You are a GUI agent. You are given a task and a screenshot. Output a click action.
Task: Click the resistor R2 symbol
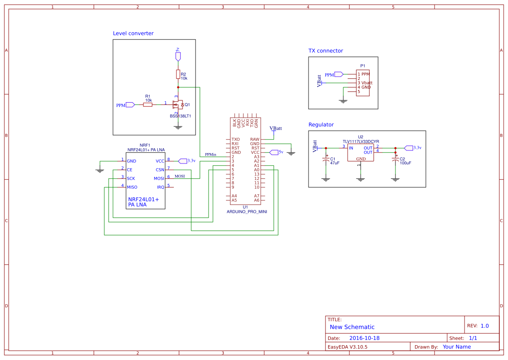(178, 74)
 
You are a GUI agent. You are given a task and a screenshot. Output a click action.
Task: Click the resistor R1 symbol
(148, 105)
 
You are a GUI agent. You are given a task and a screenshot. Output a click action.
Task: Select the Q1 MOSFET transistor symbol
(178, 105)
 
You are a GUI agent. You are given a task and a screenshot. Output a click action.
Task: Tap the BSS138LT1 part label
(180, 116)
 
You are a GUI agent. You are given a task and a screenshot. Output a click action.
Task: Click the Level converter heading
(133, 33)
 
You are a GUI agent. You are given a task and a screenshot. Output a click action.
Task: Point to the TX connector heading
(325, 51)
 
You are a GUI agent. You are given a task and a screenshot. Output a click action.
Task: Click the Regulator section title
(321, 125)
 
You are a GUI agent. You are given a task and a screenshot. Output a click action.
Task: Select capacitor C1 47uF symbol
(326, 160)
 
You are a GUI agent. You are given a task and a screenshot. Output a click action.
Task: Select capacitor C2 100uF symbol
(395, 160)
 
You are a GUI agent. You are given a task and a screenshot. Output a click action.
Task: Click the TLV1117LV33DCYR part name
(361, 141)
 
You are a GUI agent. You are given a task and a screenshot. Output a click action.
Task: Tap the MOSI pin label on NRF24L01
(159, 179)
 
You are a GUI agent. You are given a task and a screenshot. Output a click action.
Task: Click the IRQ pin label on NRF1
(160, 187)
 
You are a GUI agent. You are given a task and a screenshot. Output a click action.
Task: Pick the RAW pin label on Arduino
(255, 140)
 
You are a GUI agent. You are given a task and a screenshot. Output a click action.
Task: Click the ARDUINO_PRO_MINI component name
(247, 212)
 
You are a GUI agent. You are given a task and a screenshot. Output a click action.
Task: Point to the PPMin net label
(211, 154)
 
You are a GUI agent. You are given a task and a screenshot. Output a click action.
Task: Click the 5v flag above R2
(178, 55)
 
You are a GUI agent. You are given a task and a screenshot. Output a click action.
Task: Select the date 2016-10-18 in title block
(364, 338)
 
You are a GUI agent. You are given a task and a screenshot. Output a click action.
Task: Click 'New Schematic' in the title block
(352, 327)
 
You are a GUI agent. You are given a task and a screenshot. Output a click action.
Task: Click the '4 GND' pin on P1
(364, 87)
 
